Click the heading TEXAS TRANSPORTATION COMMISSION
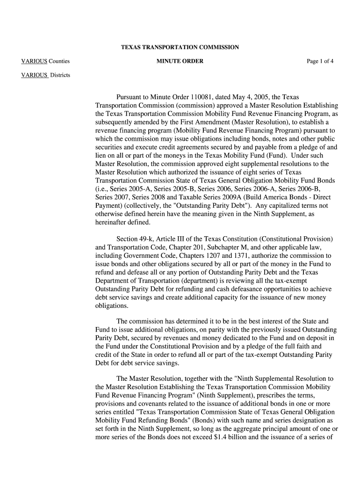coord(180,47)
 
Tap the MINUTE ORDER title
coord(180,61)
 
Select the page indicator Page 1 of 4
coord(320,61)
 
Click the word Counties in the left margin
coord(59,61)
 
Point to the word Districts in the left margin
coord(60,75)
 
